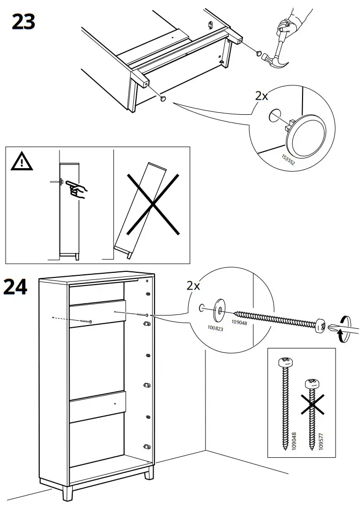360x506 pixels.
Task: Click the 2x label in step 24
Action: [x=193, y=286]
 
